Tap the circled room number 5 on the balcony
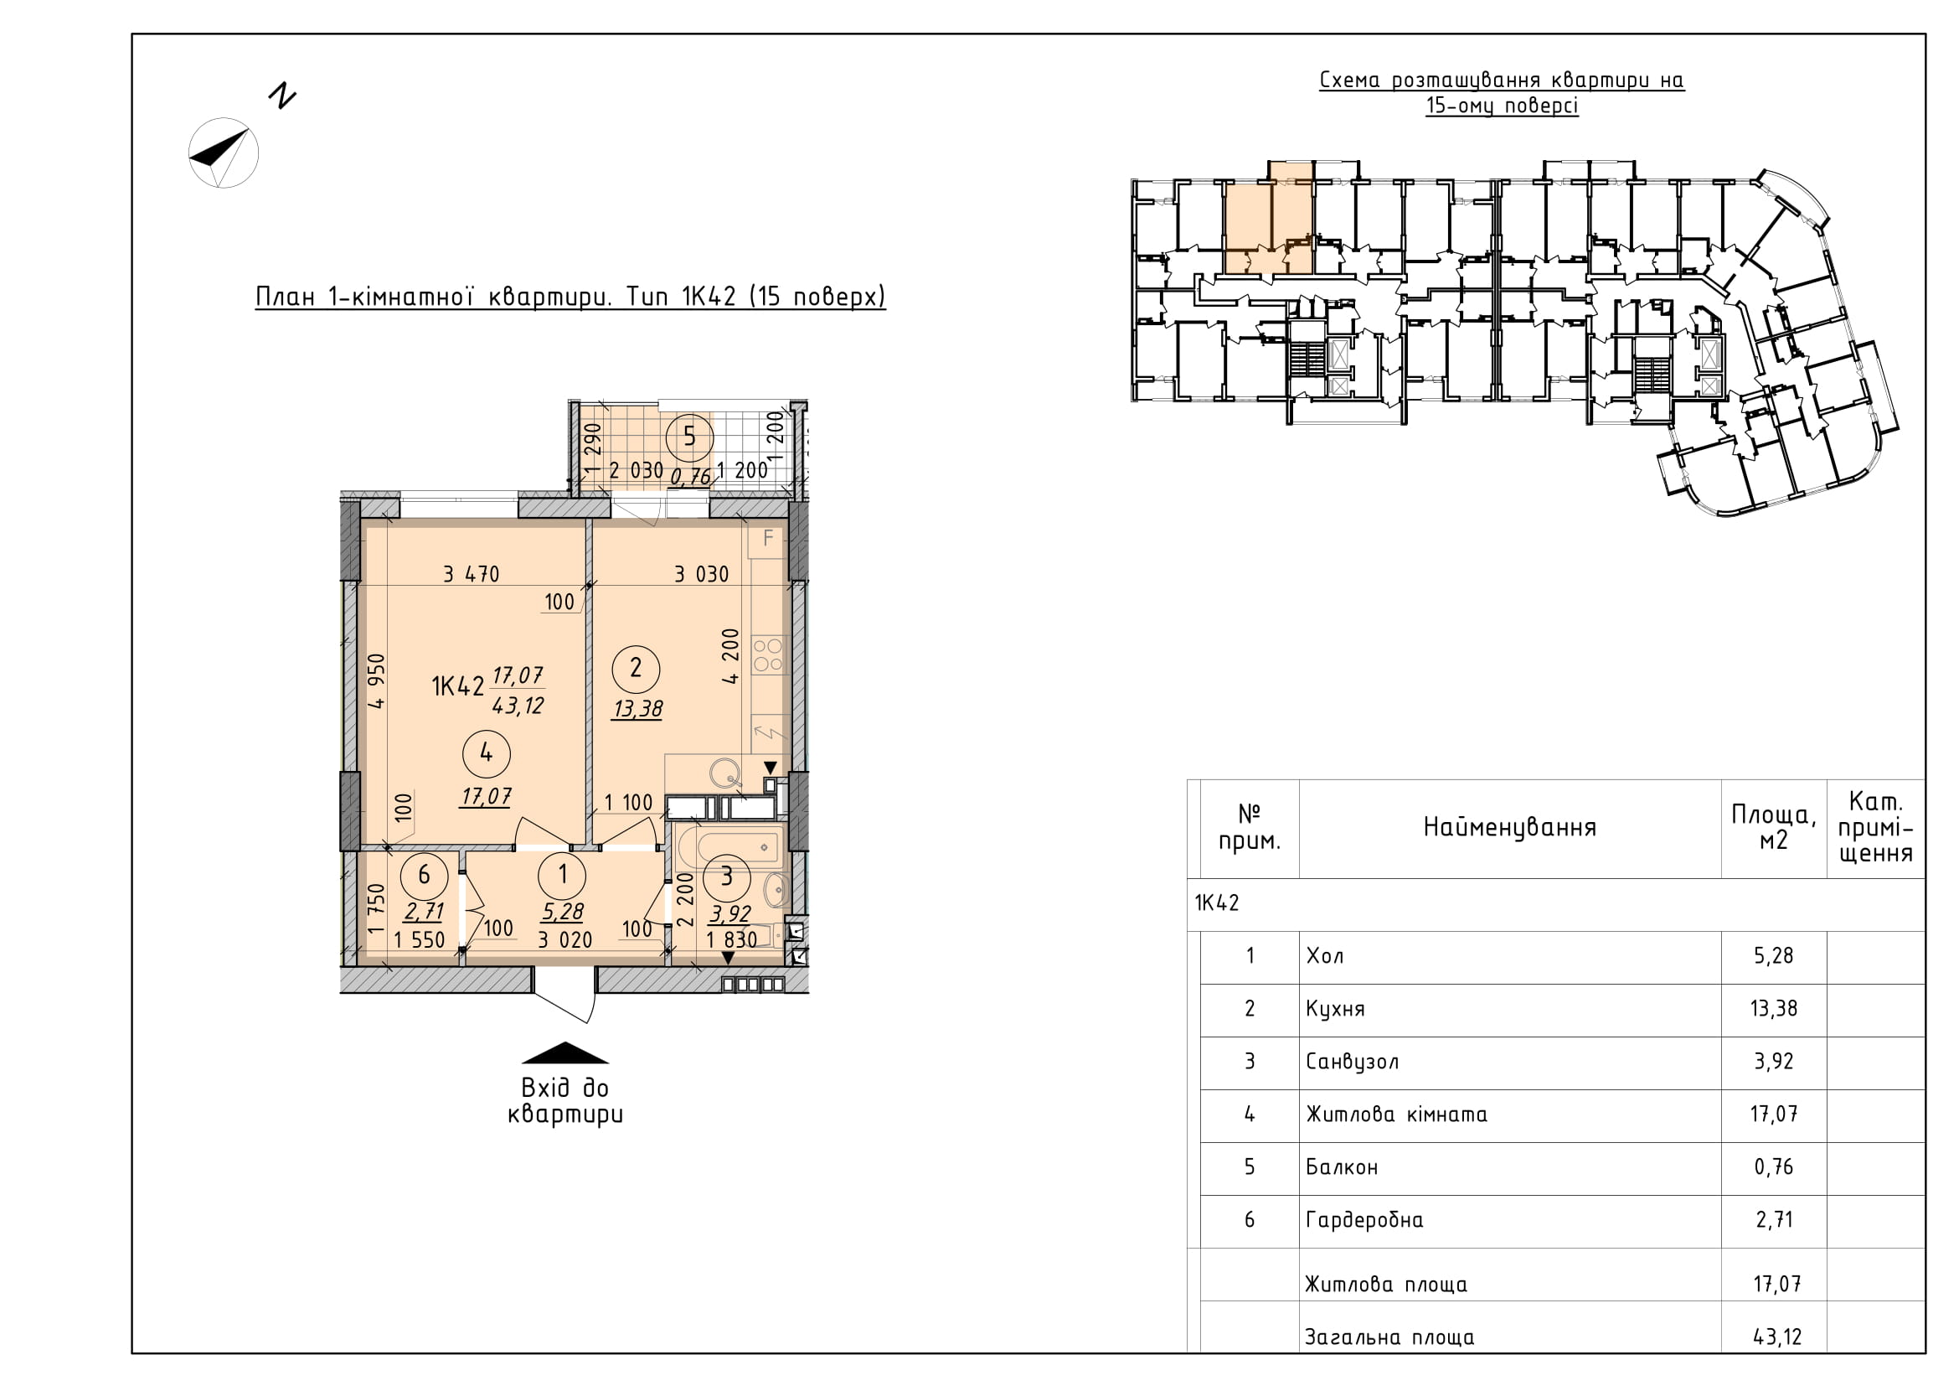click(689, 437)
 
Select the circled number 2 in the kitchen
click(636, 667)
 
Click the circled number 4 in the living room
click(487, 752)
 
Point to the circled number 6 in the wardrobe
click(424, 875)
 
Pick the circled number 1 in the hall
click(562, 874)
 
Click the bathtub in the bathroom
click(738, 847)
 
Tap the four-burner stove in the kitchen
click(769, 654)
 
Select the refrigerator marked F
click(767, 539)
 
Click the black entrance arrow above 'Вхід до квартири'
click(565, 1053)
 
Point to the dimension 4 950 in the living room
click(376, 681)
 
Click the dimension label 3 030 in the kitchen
click(701, 574)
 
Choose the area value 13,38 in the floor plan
click(637, 708)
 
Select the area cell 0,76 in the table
click(1774, 1166)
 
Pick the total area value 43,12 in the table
click(1777, 1337)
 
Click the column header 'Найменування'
click(1509, 827)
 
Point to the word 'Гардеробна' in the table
click(1364, 1220)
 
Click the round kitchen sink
click(729, 773)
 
